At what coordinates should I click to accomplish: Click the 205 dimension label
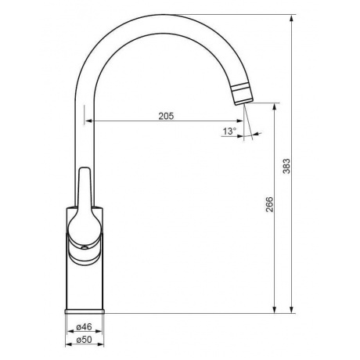(x=166, y=116)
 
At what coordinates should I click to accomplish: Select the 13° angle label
(x=229, y=131)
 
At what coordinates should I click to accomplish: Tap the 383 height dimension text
(x=286, y=166)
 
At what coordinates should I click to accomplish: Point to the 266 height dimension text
(x=269, y=204)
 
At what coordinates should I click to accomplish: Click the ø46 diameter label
(x=84, y=326)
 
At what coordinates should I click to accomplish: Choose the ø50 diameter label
(x=84, y=340)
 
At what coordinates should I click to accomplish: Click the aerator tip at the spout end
(x=243, y=95)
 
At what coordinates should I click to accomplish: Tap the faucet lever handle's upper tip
(x=85, y=168)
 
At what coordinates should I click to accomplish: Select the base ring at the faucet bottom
(x=85, y=311)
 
